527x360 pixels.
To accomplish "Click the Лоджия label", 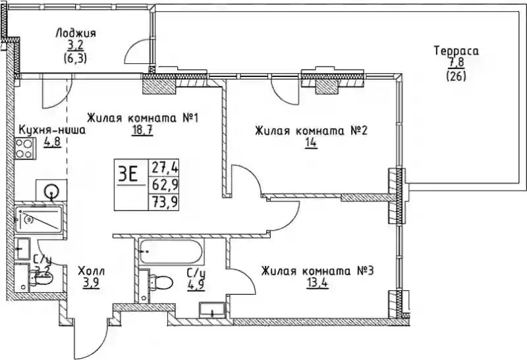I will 76,34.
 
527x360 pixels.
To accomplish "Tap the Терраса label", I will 456,51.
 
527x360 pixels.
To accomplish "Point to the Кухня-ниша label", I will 52,130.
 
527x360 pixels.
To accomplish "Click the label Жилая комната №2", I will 311,131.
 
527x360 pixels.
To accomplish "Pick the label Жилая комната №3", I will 318,270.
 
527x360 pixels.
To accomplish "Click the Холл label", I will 91,271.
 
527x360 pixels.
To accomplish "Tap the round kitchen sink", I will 51,192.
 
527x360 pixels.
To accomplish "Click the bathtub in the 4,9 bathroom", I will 171,250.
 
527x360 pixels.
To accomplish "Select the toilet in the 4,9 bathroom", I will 159,284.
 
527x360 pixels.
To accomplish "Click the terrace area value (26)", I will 456,76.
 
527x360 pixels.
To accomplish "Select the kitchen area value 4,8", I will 52,141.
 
